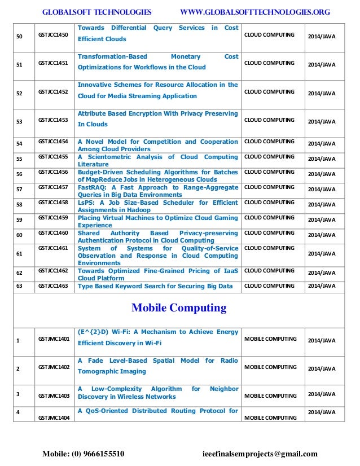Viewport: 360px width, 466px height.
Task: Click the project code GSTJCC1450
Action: [x=53, y=34]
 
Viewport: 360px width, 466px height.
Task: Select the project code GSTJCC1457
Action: [x=53, y=187]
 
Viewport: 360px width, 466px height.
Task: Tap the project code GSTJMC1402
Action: [x=53, y=367]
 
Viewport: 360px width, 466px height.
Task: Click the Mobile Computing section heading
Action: [x=178, y=308]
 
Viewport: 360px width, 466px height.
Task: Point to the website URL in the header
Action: [x=254, y=12]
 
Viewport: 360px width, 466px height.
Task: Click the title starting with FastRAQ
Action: [x=157, y=191]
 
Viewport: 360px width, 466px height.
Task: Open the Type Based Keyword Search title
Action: [x=155, y=286]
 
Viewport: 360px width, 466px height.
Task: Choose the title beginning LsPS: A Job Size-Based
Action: [x=157, y=206]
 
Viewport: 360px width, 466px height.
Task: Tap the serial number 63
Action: [x=19, y=286]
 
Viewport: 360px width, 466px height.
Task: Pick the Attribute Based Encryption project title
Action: [x=157, y=119]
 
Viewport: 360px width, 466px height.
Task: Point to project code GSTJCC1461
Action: [x=53, y=248]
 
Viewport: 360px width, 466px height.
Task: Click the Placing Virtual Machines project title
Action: [x=157, y=222]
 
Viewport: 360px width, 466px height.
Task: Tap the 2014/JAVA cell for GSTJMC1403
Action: [x=322, y=394]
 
